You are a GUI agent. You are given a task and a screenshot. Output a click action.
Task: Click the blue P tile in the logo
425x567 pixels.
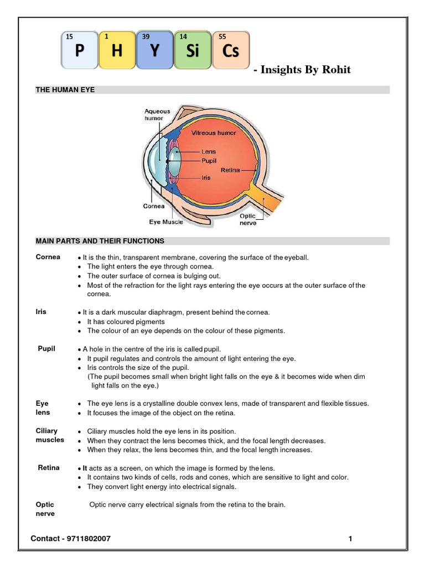pos(80,50)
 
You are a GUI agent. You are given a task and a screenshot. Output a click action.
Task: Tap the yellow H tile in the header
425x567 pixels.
pos(117,50)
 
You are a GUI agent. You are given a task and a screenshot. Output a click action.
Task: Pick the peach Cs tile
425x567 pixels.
pos(230,50)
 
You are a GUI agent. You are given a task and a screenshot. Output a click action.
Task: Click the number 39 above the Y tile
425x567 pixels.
pos(146,36)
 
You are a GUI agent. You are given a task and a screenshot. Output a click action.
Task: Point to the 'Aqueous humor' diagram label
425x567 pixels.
pos(157,115)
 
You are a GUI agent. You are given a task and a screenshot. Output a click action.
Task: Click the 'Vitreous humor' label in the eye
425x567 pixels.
pos(214,133)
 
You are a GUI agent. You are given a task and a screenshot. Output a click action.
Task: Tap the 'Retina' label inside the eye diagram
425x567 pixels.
pos(230,170)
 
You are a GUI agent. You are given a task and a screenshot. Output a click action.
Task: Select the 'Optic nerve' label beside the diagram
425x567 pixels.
pos(247,220)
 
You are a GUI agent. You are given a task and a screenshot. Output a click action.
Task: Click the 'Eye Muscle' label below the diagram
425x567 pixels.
pos(166,221)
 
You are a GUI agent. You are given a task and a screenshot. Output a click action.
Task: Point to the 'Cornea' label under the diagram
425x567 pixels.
pos(154,206)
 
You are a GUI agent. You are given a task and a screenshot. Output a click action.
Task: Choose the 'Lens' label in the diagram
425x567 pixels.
pos(209,151)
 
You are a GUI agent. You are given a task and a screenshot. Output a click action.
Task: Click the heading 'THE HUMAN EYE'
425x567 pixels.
pos(65,90)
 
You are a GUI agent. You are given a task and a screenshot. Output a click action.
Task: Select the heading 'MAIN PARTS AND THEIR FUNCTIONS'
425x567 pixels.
pos(100,241)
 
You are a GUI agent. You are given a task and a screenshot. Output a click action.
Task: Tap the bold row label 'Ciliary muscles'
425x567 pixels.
pos(50,435)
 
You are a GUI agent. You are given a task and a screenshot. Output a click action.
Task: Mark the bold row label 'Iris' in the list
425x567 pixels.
pos(41,312)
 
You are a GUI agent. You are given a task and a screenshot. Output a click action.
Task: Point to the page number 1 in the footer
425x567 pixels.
pos(350,538)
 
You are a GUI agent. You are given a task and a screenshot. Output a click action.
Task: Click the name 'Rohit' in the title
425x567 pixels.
pos(334,70)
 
